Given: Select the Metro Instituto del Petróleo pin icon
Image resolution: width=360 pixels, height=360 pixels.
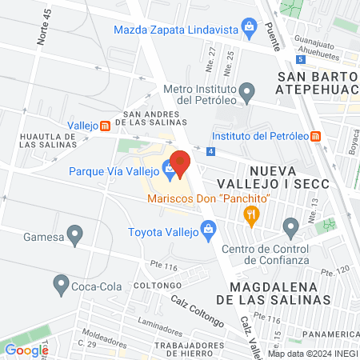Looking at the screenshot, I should pos(247,90).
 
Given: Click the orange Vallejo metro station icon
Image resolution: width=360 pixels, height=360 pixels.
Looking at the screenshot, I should pos(104,126).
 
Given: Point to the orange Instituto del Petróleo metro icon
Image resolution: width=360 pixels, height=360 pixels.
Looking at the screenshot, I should pos(317,135).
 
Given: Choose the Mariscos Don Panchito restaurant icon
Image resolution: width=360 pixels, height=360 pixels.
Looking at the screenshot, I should pos(253,214).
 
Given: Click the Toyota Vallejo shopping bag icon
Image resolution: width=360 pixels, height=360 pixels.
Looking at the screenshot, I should pos(209,232).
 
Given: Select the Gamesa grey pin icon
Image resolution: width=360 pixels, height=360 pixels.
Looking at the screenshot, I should pos(75,235).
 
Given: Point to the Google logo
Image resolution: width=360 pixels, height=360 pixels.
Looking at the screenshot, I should pos(26,350).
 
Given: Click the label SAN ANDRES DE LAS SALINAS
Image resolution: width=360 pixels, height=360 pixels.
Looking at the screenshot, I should pos(151,118).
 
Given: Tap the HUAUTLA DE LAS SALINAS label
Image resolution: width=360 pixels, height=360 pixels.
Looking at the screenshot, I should pos(48,141).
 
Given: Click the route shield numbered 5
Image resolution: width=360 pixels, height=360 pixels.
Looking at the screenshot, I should pos(300,59).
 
